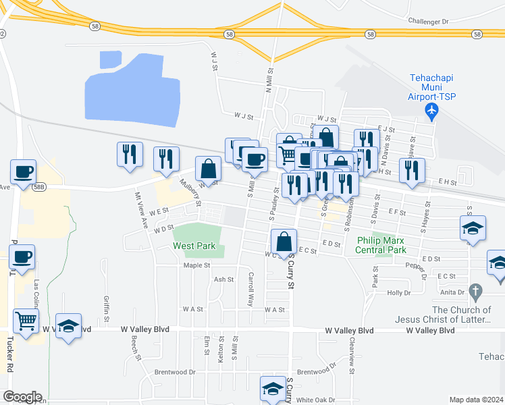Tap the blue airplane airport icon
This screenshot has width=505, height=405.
tap(433, 109)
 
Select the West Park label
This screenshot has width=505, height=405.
tap(194, 246)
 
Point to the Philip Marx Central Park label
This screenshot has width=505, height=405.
tap(382, 245)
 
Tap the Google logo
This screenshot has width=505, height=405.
tap(22, 397)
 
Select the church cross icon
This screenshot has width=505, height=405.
tap(476, 292)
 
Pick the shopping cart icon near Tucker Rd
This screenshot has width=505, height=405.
tap(26, 322)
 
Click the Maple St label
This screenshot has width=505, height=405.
tap(196, 265)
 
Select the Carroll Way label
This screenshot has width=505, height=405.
tap(250, 290)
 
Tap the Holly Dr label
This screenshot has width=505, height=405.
tap(399, 293)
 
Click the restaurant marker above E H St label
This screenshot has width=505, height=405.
tap(412, 171)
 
